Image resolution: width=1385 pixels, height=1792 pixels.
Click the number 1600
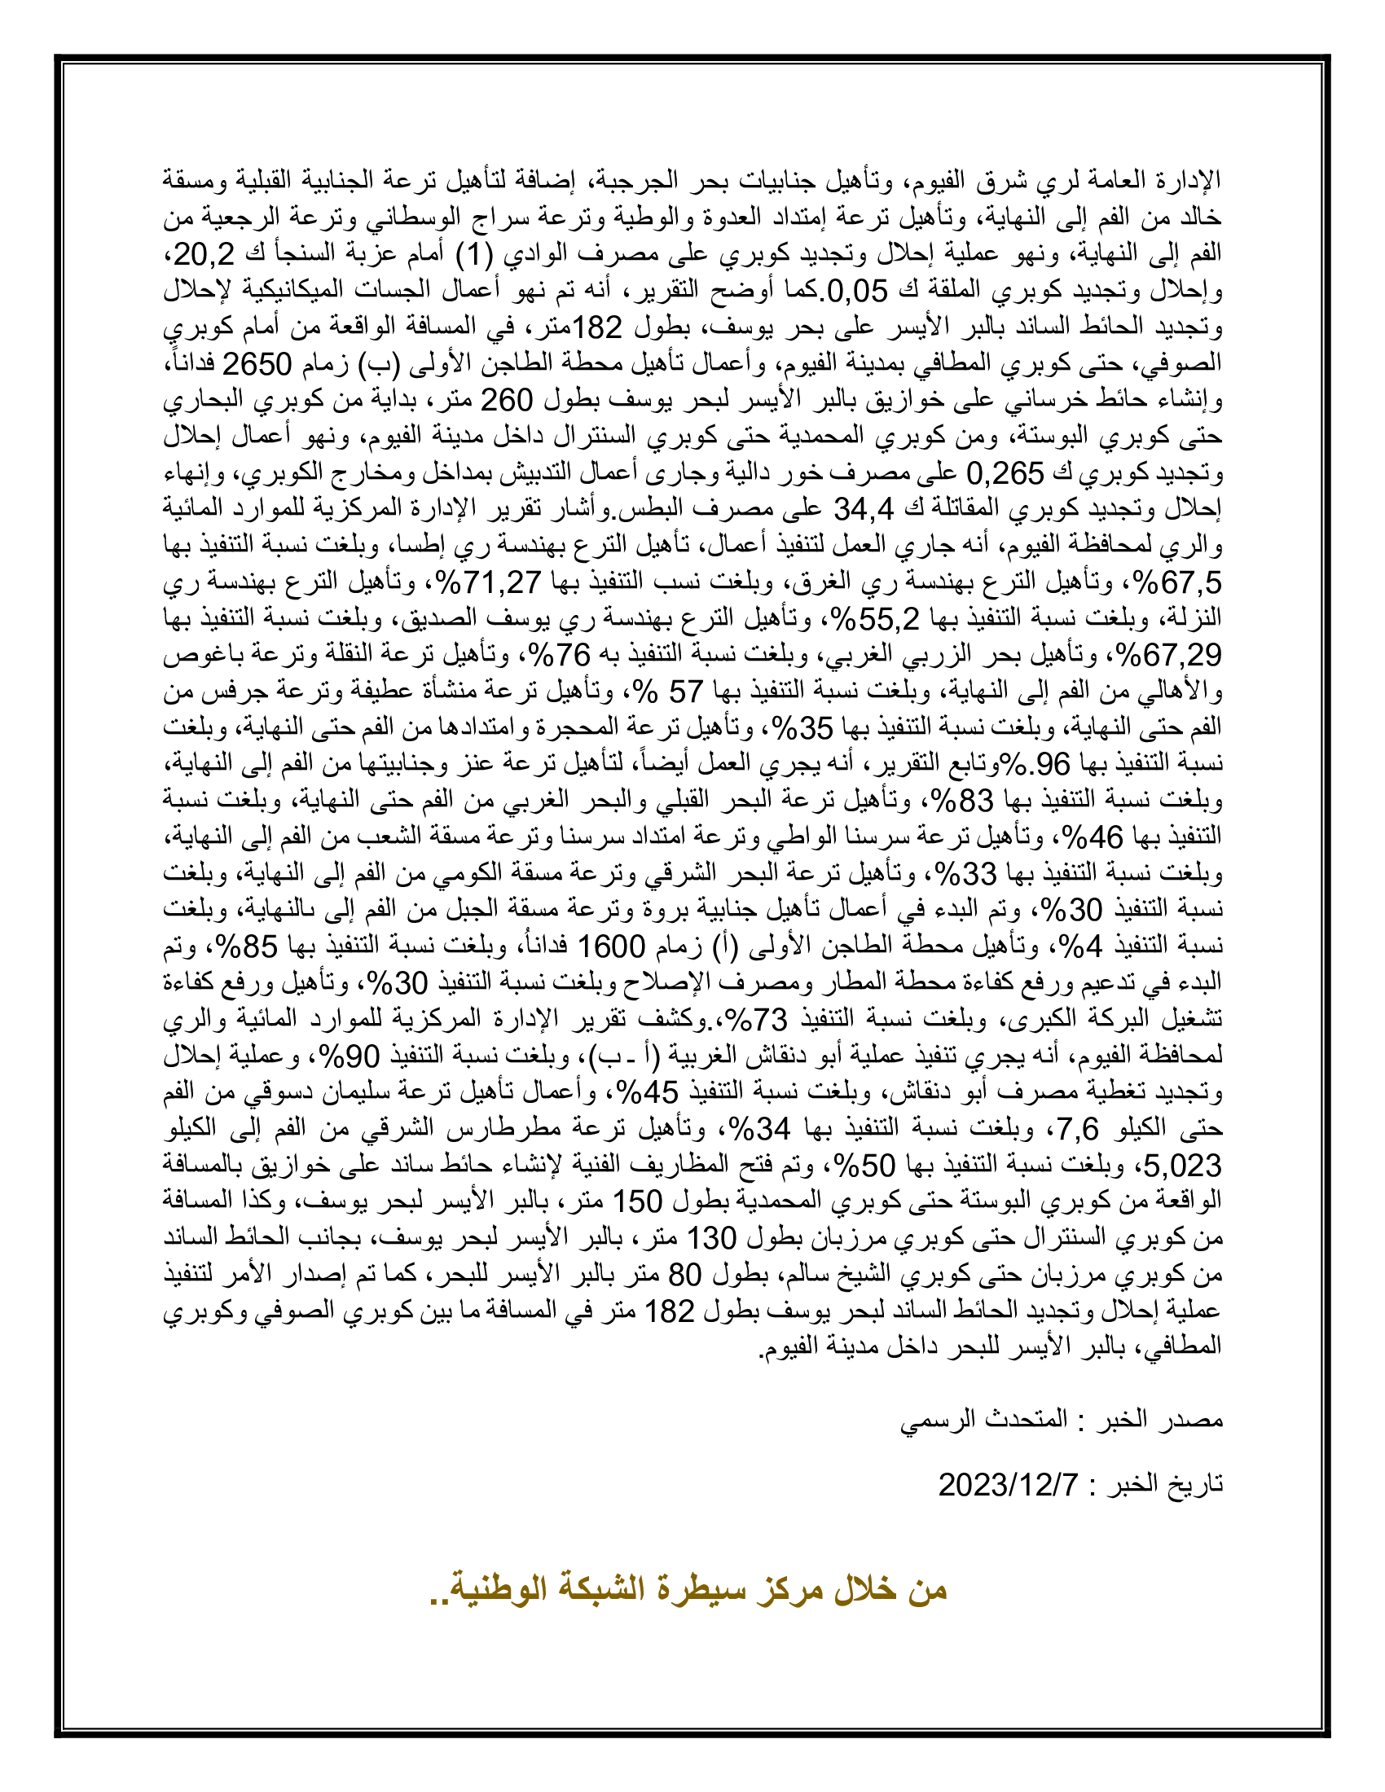point(612,946)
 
